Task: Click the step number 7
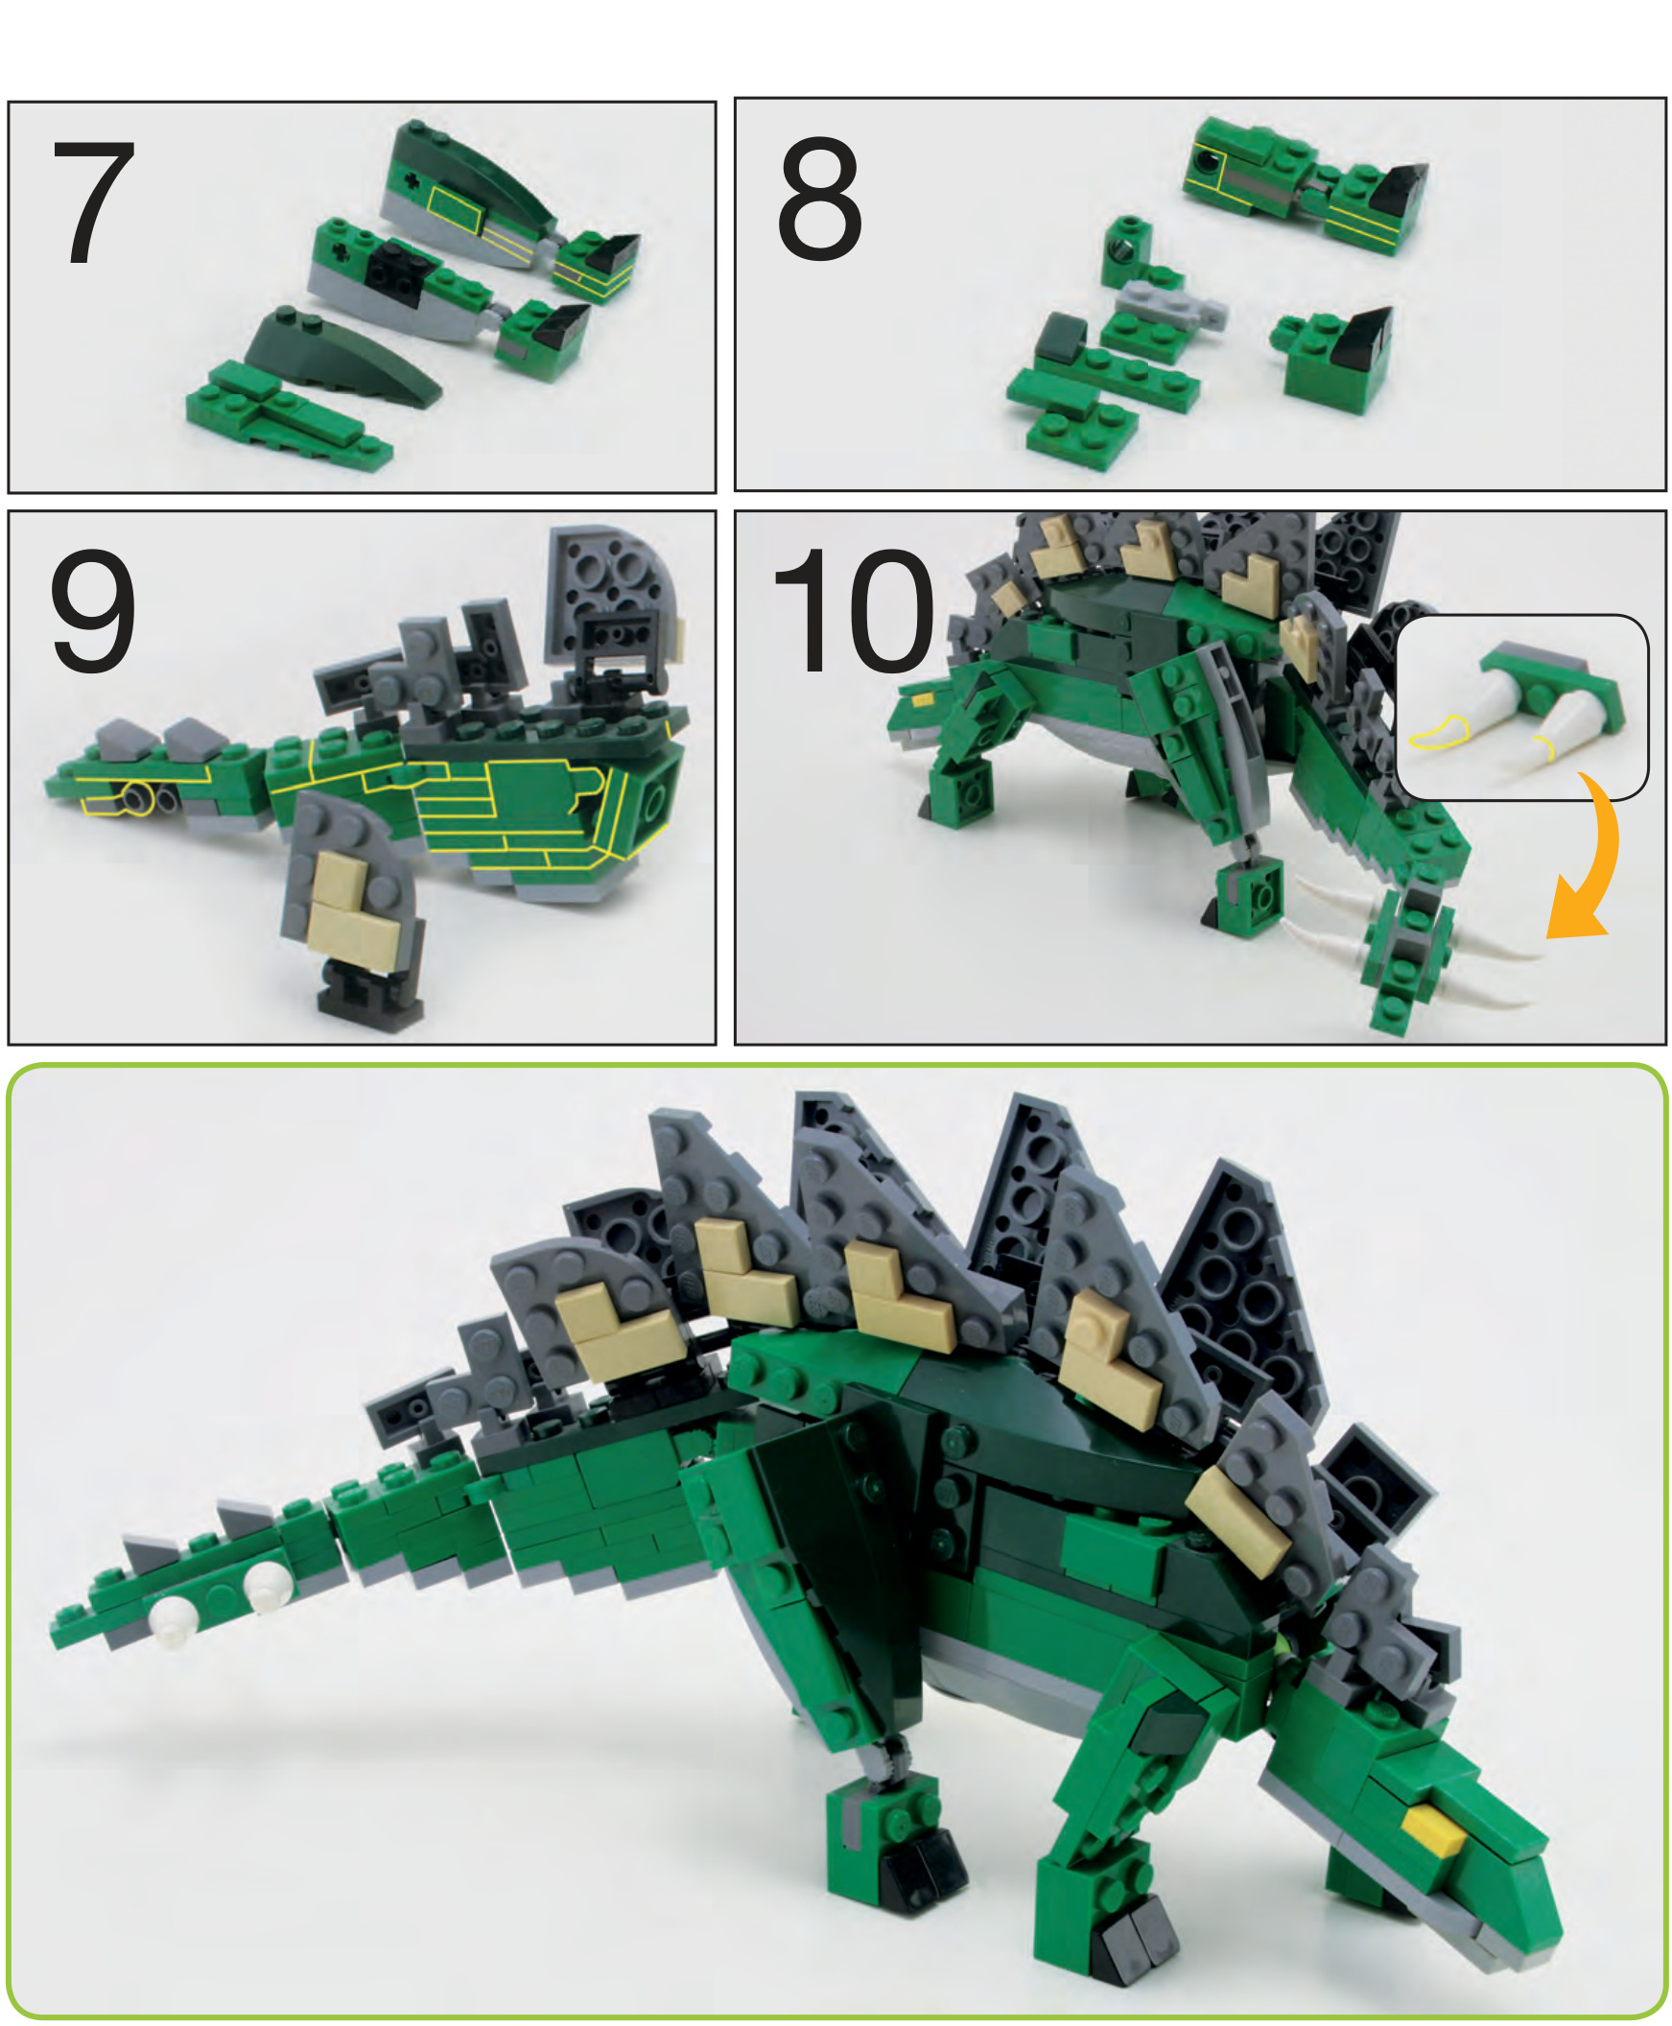pos(93,201)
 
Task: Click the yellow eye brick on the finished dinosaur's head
pos(1433,1828)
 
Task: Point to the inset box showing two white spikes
pos(1521,708)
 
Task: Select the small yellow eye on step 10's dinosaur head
pos(922,701)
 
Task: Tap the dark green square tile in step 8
pos(1061,337)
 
